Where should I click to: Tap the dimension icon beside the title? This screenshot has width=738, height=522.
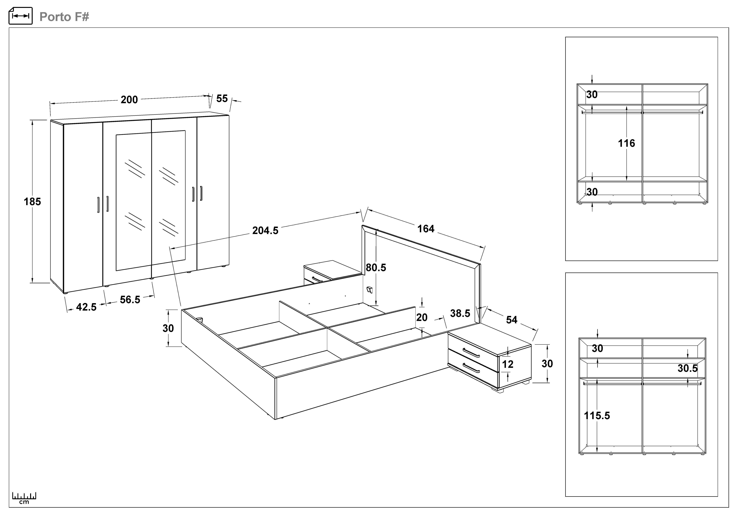[x=20, y=16]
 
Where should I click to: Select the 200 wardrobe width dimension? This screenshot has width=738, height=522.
[x=129, y=100]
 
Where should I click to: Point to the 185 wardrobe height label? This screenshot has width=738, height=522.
[x=32, y=202]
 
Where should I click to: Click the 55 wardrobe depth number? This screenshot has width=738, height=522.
[x=222, y=98]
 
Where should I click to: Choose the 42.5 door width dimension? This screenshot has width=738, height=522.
[x=86, y=307]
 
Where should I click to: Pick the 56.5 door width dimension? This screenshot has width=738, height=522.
[x=130, y=300]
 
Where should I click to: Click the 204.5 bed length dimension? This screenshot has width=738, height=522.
[x=265, y=230]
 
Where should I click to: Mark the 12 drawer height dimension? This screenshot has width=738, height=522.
[x=508, y=364]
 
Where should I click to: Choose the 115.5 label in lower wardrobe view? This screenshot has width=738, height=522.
[x=597, y=416]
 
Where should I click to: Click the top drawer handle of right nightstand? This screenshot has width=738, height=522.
[x=471, y=353]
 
